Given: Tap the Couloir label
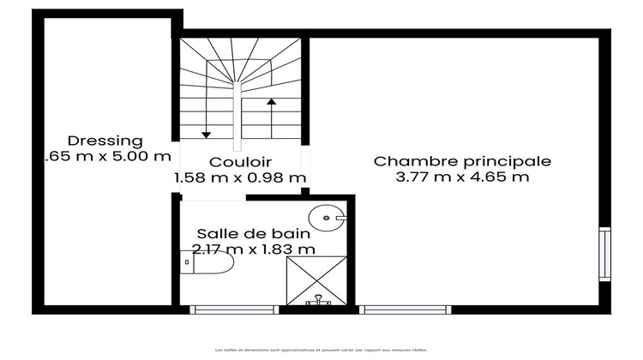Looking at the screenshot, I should tap(240, 161).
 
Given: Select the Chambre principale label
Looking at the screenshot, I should tap(462, 160).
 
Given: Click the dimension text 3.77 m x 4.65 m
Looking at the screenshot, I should tap(462, 177).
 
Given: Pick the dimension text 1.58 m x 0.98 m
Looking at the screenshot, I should tap(240, 177).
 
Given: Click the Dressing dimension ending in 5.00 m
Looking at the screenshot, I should tap(107, 157).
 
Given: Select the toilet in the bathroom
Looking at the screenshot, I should tap(207, 262).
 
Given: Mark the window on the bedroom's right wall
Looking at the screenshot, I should tap(604, 254).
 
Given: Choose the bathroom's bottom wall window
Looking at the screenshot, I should tap(223, 309).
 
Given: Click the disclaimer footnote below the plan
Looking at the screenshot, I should tap(321, 350).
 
